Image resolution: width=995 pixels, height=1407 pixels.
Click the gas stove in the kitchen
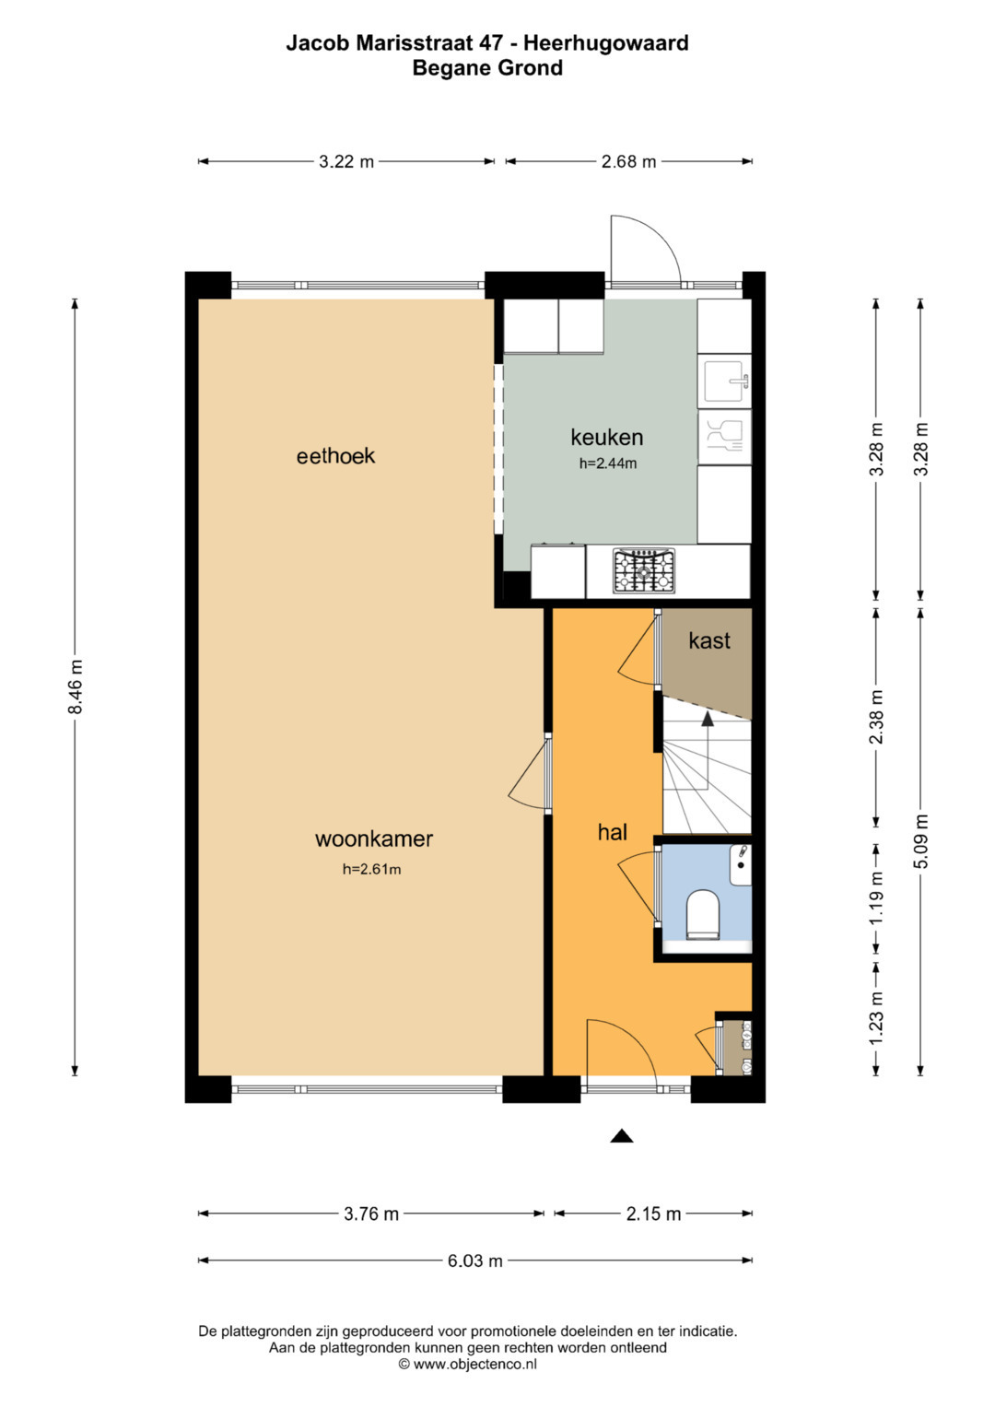click(644, 570)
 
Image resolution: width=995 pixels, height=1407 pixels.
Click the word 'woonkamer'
click(374, 838)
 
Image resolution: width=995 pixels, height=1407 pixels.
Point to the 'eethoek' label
click(335, 455)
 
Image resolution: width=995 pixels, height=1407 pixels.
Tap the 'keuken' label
click(606, 437)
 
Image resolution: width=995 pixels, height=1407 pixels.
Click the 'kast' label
click(709, 640)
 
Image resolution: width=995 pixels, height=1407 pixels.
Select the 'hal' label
click(613, 832)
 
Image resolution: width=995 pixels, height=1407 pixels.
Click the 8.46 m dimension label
click(76, 686)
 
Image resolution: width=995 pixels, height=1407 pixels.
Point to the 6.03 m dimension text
click(475, 1260)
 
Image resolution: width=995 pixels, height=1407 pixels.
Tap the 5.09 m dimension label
click(921, 841)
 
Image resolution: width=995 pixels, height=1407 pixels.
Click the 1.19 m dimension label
click(877, 897)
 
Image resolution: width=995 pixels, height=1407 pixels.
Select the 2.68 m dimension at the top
click(628, 161)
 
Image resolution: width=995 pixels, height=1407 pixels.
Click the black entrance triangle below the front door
click(621, 1136)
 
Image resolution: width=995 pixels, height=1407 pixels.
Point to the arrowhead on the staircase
click(708, 719)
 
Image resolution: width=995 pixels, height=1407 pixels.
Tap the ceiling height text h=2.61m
click(372, 869)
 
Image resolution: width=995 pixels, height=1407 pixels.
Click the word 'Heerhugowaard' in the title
click(606, 42)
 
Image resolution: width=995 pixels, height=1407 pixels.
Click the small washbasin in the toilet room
click(742, 864)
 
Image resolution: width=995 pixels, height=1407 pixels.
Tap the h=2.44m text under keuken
click(607, 463)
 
